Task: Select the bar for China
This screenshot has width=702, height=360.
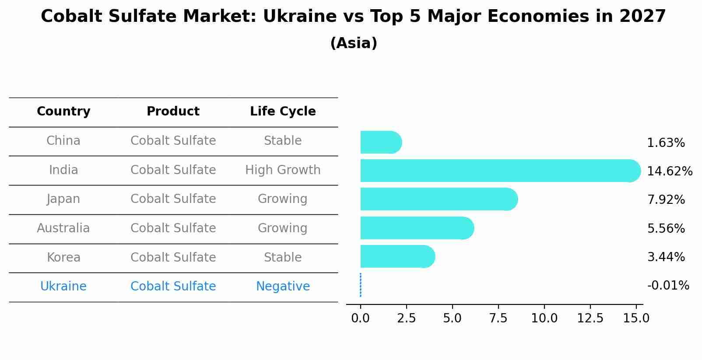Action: click(x=380, y=142)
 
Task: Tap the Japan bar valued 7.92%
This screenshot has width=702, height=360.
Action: click(x=438, y=199)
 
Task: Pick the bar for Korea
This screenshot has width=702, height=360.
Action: click(x=397, y=256)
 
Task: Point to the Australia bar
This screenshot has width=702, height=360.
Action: click(x=416, y=228)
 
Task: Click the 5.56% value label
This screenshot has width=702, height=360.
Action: click(x=666, y=228)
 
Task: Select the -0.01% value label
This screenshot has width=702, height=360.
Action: click(x=668, y=286)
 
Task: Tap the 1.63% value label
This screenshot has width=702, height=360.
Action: click(x=666, y=143)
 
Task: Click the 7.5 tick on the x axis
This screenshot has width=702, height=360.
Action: click(x=498, y=318)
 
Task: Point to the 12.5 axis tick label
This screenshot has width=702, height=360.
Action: click(x=590, y=318)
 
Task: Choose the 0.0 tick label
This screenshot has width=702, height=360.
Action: click(x=360, y=318)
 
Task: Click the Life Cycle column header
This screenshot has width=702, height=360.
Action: click(x=283, y=112)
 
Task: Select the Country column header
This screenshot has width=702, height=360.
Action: click(x=63, y=112)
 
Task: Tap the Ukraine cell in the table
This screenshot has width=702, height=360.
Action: click(x=63, y=287)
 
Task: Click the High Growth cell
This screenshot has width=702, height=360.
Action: click(x=283, y=170)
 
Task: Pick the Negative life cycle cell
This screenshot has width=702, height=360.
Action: click(x=283, y=287)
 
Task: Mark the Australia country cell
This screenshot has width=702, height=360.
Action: click(x=63, y=228)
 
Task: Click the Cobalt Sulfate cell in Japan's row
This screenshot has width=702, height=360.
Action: click(x=173, y=199)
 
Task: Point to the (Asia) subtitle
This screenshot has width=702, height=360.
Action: click(x=354, y=43)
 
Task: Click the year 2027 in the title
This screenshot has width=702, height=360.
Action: click(x=642, y=17)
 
